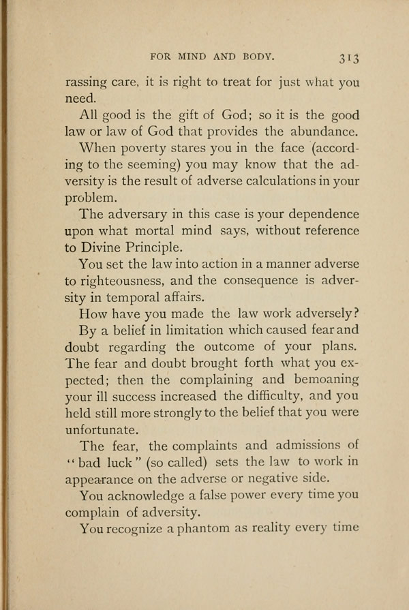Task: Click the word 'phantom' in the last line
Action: pyautogui.click(x=205, y=529)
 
